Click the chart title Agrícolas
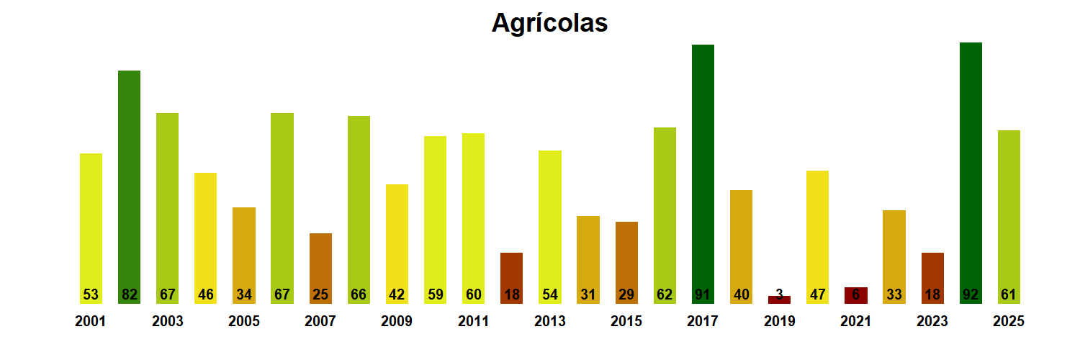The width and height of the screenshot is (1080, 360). tap(549, 23)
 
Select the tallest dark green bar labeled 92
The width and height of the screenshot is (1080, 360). tap(971, 173)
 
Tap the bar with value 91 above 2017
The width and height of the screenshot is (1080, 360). tap(703, 173)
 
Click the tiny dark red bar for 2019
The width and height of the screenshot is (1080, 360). tap(779, 300)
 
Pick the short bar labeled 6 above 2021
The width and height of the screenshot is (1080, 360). tap(855, 295)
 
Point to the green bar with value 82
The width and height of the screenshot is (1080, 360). tap(129, 187)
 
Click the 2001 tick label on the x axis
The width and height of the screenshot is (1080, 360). tap(90, 322)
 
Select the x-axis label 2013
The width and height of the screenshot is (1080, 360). tap(549, 322)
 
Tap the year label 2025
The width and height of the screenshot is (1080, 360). tap(1008, 322)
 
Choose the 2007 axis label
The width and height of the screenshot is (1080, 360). tap(320, 322)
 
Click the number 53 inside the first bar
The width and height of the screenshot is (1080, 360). tap(91, 294)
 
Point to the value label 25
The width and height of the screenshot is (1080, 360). tap(320, 294)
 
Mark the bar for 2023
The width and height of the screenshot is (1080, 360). tap(932, 277)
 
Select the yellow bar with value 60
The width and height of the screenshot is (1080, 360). tap(473, 216)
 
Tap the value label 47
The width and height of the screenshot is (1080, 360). tap(817, 294)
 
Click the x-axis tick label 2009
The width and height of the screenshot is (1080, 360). tap(396, 322)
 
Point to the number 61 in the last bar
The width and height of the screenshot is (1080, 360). tap(1008, 294)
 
